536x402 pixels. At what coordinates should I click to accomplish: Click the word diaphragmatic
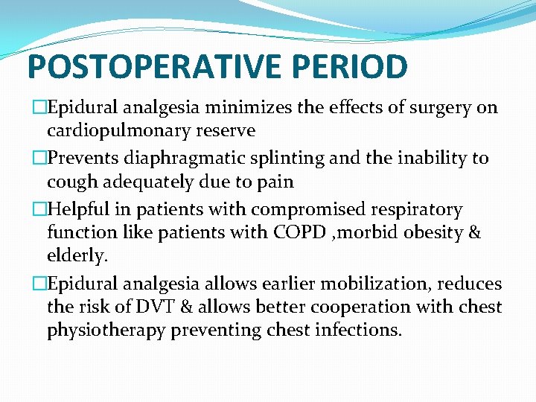[173, 159]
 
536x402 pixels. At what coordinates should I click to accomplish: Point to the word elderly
[77, 256]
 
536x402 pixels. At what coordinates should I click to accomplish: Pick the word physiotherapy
[106, 330]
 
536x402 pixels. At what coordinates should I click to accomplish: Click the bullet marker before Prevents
[39, 159]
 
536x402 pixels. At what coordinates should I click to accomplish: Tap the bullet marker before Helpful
[39, 210]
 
